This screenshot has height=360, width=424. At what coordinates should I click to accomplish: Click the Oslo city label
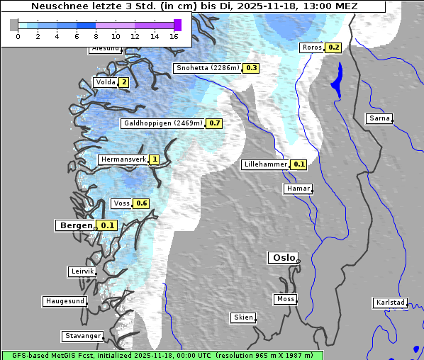click(x=283, y=258)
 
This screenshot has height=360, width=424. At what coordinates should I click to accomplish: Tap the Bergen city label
click(x=75, y=225)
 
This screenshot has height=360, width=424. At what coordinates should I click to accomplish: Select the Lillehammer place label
click(x=265, y=164)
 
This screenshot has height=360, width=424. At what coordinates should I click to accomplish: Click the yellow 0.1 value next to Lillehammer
click(x=299, y=164)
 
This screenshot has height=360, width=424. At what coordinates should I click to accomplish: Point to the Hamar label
click(x=297, y=189)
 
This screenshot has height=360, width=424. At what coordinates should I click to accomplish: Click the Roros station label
click(x=311, y=47)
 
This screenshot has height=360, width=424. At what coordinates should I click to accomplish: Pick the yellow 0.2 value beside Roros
click(x=333, y=47)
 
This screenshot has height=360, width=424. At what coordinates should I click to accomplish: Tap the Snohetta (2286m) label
click(x=207, y=68)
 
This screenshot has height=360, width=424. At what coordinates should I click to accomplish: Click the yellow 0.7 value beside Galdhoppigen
click(x=215, y=123)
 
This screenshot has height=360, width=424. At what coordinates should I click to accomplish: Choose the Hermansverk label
click(x=122, y=160)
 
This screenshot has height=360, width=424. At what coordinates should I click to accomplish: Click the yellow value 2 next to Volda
click(x=124, y=82)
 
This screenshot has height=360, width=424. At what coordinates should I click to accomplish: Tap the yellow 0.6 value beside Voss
click(x=141, y=203)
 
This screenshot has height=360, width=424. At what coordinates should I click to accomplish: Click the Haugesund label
click(x=65, y=301)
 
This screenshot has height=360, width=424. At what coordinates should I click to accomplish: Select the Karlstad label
click(x=390, y=303)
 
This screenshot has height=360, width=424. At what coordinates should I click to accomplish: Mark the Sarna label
click(x=379, y=118)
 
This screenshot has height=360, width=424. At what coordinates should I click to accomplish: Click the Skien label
click(x=242, y=317)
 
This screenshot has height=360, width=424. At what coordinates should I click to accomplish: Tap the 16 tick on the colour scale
click(x=174, y=35)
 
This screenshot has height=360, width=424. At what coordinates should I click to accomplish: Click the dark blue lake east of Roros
click(x=336, y=79)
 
